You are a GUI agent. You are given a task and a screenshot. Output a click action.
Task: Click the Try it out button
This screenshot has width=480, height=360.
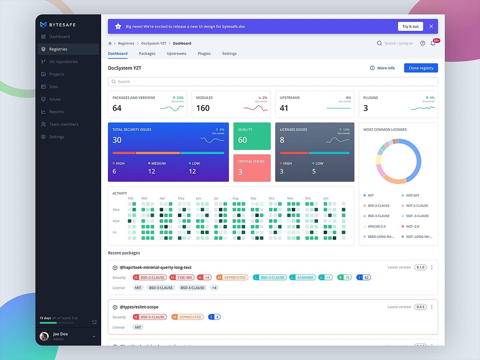(x=410, y=26)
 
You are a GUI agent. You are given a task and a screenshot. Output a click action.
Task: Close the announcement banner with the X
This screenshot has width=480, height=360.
(x=431, y=26)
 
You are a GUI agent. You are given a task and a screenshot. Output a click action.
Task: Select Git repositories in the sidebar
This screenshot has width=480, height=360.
(x=63, y=62)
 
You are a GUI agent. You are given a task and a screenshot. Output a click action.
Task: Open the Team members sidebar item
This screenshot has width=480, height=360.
(x=64, y=124)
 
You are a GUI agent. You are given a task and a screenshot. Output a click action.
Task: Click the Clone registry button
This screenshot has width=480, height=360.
(x=421, y=68)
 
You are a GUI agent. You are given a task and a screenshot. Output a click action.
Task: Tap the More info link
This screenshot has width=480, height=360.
(x=382, y=68)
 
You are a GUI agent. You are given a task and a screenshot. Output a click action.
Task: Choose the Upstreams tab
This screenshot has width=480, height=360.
(x=176, y=54)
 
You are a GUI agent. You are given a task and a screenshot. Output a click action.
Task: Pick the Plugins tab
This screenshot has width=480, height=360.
(x=204, y=54)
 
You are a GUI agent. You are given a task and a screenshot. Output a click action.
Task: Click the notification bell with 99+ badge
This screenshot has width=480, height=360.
(x=433, y=43)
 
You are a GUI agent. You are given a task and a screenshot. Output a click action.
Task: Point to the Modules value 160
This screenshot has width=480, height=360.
(x=203, y=108)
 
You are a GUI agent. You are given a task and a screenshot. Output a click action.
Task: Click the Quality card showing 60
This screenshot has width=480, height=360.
(x=252, y=136)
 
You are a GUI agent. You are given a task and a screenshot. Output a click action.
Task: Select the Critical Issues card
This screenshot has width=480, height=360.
(x=252, y=168)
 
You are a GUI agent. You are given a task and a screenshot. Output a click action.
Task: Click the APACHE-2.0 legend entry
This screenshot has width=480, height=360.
(x=376, y=226)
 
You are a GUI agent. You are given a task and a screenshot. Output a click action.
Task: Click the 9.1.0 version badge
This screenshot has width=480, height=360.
(x=420, y=267)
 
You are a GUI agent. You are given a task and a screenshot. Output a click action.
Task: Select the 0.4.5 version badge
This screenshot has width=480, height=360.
(x=420, y=307)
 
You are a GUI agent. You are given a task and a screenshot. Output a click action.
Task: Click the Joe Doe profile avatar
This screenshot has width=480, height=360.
(x=44, y=336)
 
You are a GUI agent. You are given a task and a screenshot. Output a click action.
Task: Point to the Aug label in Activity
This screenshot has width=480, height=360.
(x=235, y=198)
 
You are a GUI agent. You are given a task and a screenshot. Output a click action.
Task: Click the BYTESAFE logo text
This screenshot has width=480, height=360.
(x=62, y=25)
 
